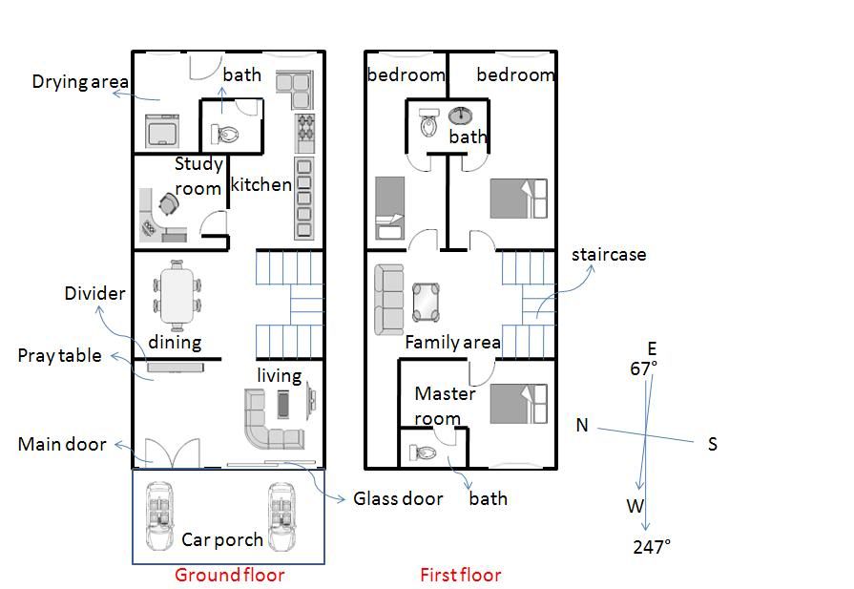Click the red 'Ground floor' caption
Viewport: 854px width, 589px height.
[229, 575]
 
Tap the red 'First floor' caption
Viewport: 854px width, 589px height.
[460, 575]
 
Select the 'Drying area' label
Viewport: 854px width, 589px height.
[80, 82]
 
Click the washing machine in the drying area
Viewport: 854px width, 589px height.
[162, 130]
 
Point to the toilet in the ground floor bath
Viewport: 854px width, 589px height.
[225, 134]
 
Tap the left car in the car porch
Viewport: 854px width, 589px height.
[159, 516]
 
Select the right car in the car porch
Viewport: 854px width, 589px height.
[282, 516]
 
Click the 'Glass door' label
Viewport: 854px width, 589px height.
[398, 498]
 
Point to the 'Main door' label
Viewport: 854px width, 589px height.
[62, 444]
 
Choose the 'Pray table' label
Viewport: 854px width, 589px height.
[59, 356]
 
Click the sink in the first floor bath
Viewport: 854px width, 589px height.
[461, 116]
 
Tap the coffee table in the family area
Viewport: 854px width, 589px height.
[426, 302]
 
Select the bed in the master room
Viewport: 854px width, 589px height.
[518, 404]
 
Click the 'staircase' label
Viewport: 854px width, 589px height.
[609, 255]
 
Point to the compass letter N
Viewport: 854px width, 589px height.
[582, 425]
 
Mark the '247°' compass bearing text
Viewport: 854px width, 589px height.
[652, 546]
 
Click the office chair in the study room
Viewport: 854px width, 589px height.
[169, 205]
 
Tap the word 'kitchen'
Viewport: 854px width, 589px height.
[260, 184]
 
